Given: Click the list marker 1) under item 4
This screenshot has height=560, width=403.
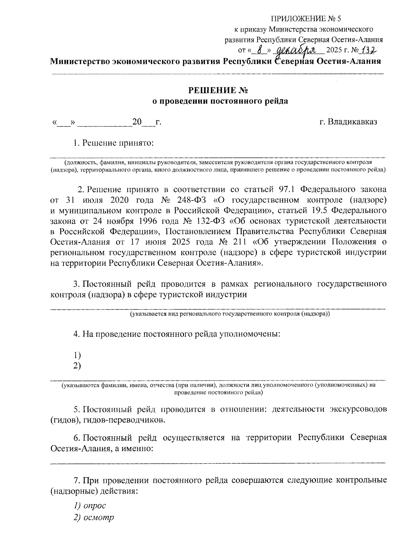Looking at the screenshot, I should pyautogui.click(x=77, y=355).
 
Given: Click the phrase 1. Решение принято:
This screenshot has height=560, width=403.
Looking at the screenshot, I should pyautogui.click(x=113, y=143).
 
